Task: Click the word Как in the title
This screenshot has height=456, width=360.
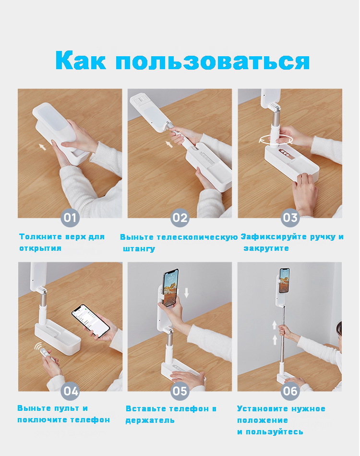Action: (x=81, y=60)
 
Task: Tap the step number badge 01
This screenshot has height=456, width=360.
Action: (x=70, y=218)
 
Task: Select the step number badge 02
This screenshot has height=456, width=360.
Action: (x=180, y=218)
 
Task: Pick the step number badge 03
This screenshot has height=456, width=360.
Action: (x=290, y=218)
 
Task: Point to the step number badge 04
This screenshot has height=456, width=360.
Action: (x=70, y=391)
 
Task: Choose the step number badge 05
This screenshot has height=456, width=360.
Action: (x=180, y=391)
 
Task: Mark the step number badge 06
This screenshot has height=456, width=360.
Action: (x=290, y=391)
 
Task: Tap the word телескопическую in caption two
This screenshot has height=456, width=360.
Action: (x=197, y=237)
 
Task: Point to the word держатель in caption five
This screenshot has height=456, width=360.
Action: (x=150, y=420)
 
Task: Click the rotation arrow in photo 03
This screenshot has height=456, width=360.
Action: (x=276, y=140)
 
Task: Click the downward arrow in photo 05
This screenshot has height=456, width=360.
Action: (x=187, y=293)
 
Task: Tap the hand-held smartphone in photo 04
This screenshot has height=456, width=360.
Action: (x=91, y=321)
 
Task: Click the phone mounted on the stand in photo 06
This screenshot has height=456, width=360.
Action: (x=285, y=280)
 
